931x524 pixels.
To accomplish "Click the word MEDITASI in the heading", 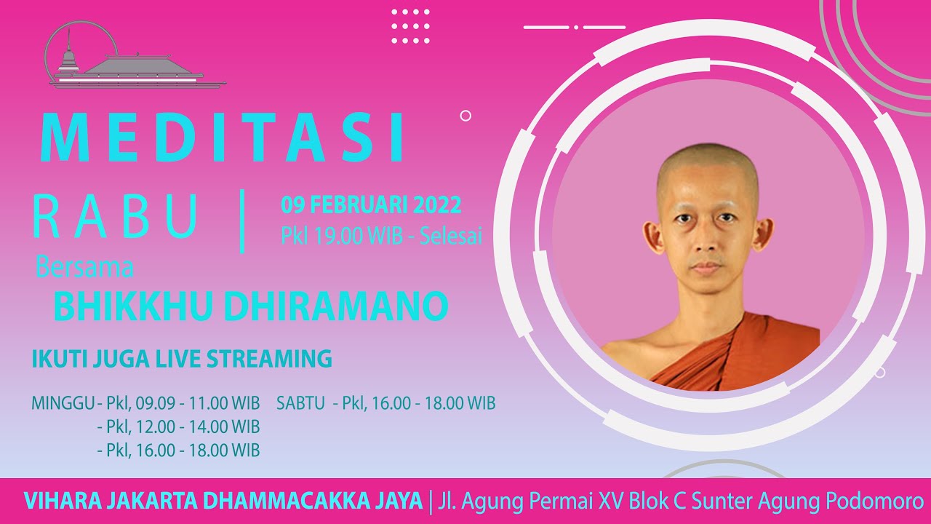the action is click(222, 137).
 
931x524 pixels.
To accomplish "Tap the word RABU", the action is click(115, 216).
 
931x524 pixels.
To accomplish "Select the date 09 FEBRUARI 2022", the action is click(371, 205).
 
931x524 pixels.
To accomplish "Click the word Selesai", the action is click(451, 236).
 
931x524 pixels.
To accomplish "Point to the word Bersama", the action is click(84, 267).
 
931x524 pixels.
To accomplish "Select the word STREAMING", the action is click(269, 359).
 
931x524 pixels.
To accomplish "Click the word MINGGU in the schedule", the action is click(63, 403).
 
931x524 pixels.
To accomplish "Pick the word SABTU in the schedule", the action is click(300, 403).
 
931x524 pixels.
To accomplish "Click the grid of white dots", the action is click(411, 26).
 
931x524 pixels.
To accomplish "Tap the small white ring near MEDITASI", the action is click(465, 116).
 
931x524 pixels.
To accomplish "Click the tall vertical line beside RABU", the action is click(242, 221).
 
